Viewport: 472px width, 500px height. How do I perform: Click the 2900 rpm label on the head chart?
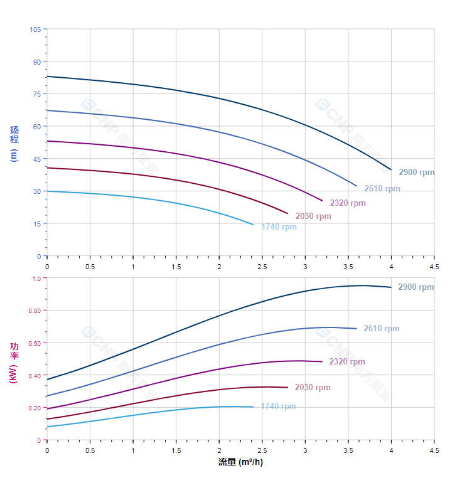click(416, 173)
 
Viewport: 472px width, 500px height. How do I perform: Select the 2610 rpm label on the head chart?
click(382, 189)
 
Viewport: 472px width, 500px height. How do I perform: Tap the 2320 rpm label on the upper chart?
click(348, 203)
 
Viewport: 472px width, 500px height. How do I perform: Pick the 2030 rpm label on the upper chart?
click(313, 216)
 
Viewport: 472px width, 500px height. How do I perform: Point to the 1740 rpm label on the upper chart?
click(279, 227)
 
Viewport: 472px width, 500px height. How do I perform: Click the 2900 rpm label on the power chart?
click(416, 287)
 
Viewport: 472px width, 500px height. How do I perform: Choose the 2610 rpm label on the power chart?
click(382, 329)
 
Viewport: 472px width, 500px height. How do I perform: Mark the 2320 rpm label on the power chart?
click(347, 362)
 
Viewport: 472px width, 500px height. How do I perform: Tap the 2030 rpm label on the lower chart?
click(313, 388)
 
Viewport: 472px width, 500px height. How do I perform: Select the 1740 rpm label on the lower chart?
click(278, 407)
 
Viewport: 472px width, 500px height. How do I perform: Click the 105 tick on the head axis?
click(35, 29)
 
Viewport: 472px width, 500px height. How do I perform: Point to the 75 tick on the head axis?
click(36, 94)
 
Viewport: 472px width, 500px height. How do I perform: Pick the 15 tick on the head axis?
click(36, 224)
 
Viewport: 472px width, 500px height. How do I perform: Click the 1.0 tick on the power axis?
click(35, 279)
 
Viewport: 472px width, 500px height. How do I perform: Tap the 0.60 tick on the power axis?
click(33, 343)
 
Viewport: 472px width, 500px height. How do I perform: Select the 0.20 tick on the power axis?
click(33, 408)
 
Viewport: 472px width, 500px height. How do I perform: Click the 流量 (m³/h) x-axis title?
click(240, 462)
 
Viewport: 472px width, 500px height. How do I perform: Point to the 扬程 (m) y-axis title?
click(14, 143)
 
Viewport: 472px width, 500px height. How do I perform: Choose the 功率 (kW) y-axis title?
click(14, 363)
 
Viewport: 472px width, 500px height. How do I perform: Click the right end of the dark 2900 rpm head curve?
click(391, 169)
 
